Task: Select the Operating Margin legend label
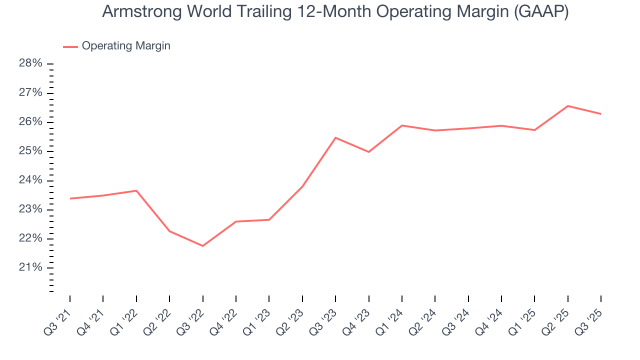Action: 126,46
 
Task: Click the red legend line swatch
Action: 70,46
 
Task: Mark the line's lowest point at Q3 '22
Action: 202,246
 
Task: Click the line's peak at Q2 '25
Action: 568,106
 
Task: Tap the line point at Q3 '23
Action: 335,137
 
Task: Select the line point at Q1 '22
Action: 136,190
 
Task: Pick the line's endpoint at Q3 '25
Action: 601,114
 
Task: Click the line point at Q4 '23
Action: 368,152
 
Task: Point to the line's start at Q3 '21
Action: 70,198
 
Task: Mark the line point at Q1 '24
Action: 402,125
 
